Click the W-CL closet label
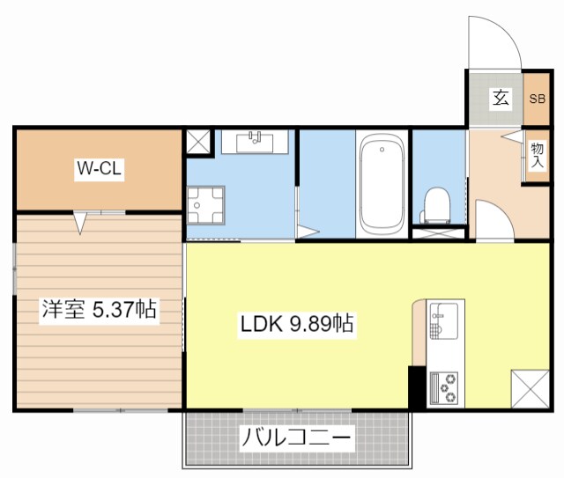click(99, 169)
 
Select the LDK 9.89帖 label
click(297, 325)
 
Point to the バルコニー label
click(297, 437)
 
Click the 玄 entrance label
click(500, 99)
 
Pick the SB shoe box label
click(537, 99)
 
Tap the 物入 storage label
click(537, 158)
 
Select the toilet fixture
click(435, 205)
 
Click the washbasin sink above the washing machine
click(256, 141)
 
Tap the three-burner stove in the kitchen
click(443, 387)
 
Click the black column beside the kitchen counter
click(417, 386)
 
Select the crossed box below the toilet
click(438, 233)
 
